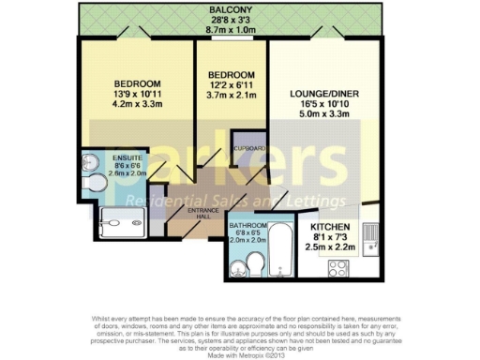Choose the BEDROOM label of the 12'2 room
click(231, 74)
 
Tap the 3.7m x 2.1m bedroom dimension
click(231, 96)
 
